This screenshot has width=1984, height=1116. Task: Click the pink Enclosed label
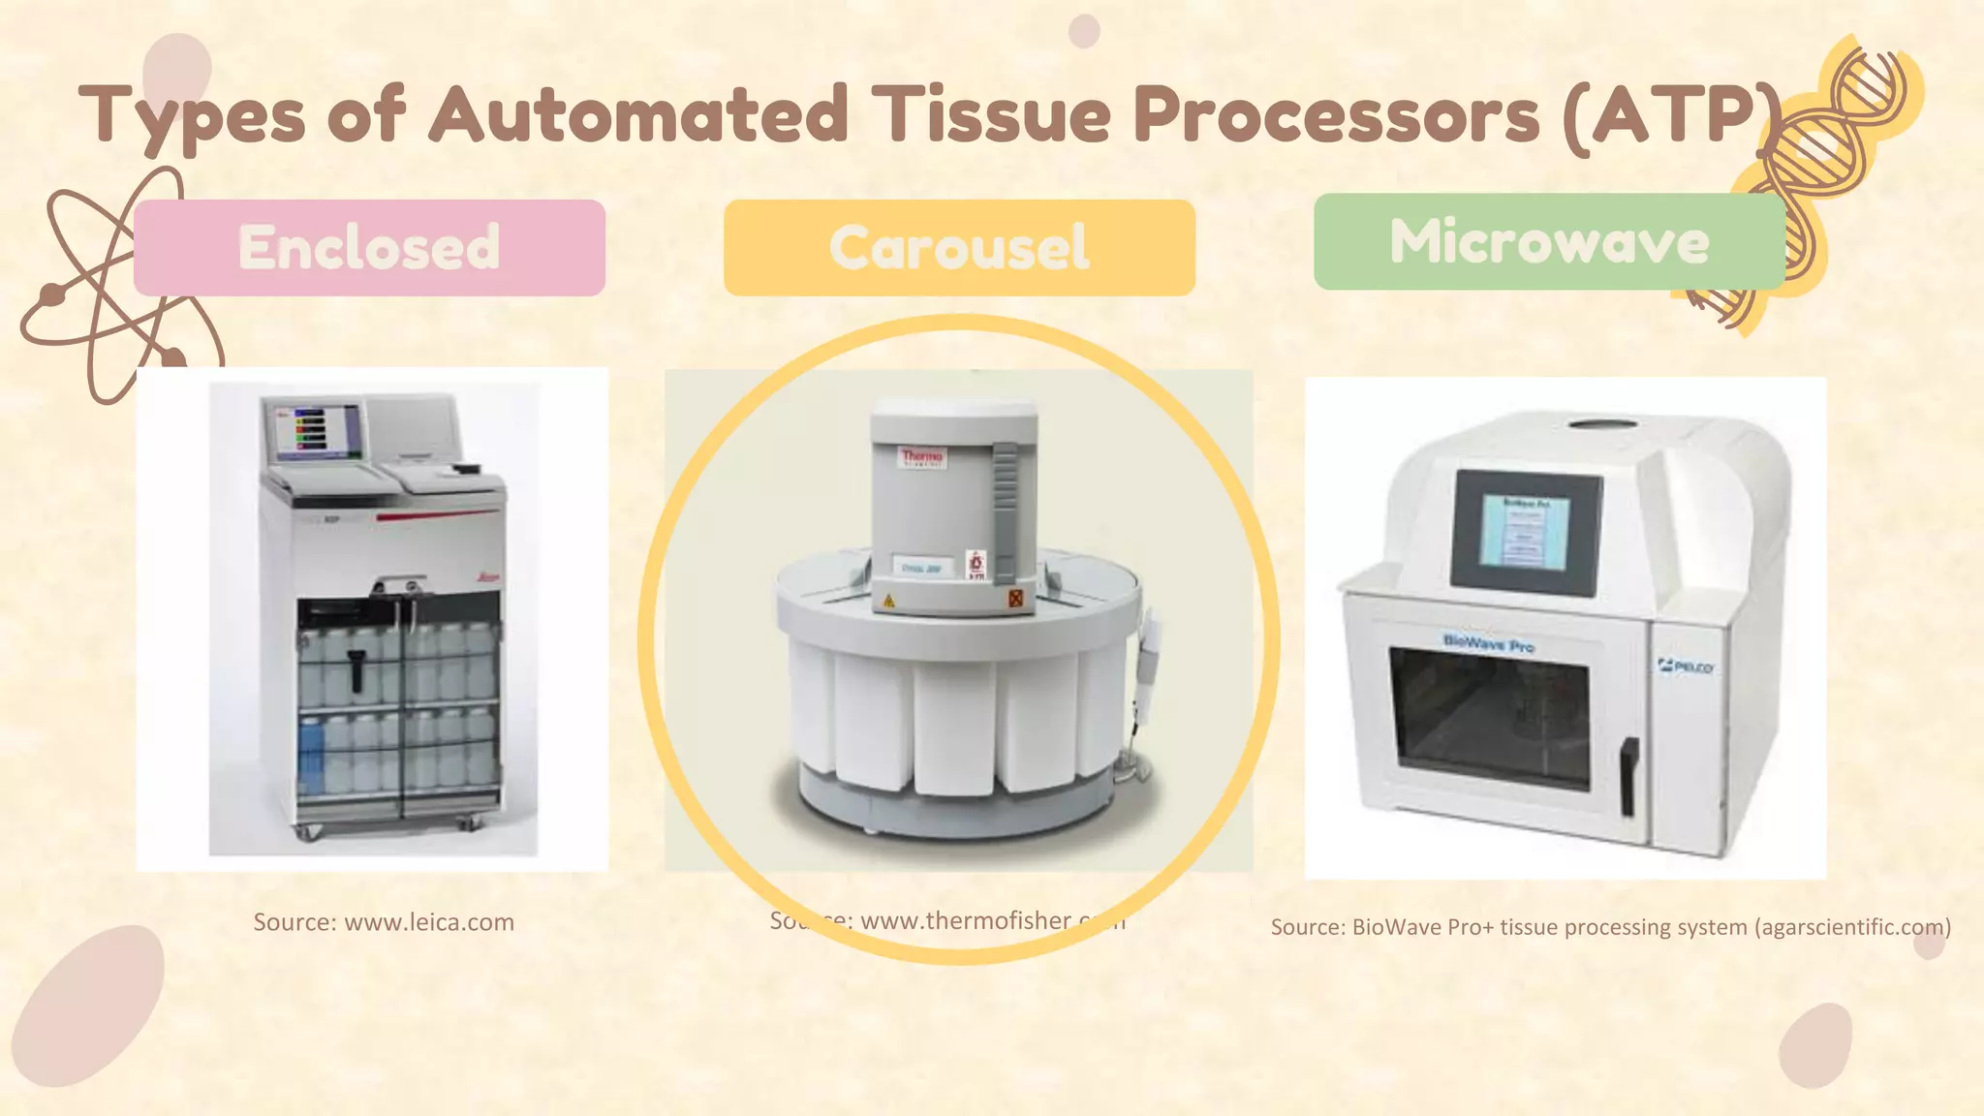point(369,248)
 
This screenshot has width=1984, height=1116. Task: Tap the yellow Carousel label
point(959,248)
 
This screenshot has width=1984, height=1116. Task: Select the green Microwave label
point(1549,241)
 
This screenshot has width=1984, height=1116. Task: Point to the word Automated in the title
point(639,114)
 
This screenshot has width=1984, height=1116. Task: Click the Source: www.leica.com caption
point(384,922)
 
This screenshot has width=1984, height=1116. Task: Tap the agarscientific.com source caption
point(1610,927)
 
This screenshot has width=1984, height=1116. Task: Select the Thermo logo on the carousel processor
point(921,456)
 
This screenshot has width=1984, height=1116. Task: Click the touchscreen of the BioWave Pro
point(1526,532)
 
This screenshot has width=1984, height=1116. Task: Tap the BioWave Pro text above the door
point(1488,642)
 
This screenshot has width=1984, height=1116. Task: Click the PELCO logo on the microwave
point(1686,666)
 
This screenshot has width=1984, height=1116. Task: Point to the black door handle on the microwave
point(1629,776)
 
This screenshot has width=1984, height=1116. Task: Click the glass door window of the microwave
point(1489,717)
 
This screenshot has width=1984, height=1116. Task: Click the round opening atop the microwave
point(1603,424)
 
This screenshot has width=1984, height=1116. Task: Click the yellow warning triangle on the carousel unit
point(888,602)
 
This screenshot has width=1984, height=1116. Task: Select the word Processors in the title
point(1337,114)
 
